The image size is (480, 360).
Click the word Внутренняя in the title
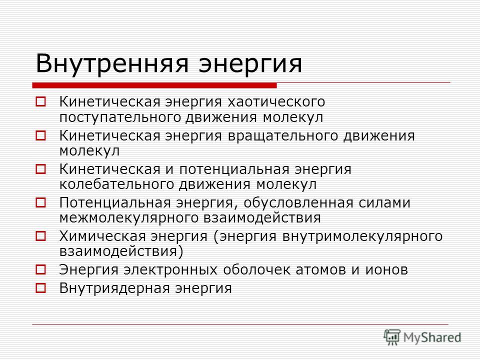(x=112, y=63)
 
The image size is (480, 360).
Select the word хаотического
(x=276, y=102)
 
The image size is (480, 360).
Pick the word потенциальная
(x=234, y=169)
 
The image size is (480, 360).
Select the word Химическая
(x=102, y=236)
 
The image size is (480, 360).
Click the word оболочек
(x=256, y=269)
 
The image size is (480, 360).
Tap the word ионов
(x=386, y=270)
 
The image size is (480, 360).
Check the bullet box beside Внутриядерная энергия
(x=40, y=288)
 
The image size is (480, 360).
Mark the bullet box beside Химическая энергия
(x=40, y=236)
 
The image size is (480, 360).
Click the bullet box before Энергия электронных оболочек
(x=40, y=269)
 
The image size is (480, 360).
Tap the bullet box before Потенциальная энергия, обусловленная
(x=40, y=202)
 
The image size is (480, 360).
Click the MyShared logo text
(x=432, y=337)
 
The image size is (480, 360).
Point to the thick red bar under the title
(x=154, y=85)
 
